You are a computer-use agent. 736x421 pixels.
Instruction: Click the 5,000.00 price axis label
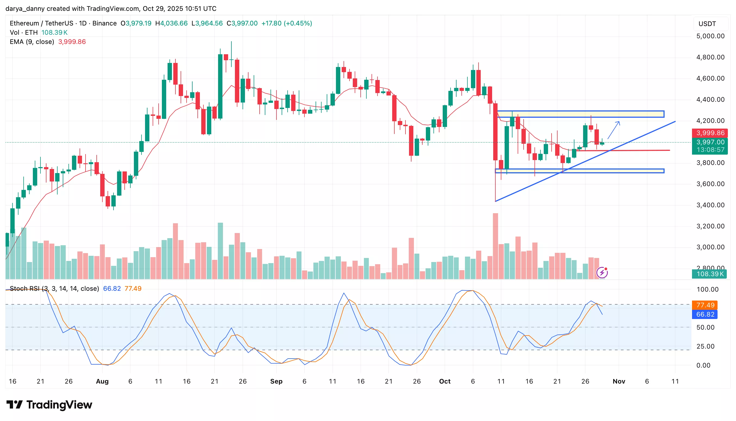click(x=710, y=36)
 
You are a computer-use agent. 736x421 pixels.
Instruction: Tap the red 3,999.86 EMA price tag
click(x=710, y=133)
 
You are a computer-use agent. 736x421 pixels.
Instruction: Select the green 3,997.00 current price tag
click(x=710, y=142)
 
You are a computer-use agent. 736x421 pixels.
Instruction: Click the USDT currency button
click(x=707, y=24)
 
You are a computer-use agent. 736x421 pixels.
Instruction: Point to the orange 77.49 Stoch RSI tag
click(x=705, y=305)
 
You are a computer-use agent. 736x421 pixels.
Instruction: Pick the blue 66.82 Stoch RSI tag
click(x=705, y=314)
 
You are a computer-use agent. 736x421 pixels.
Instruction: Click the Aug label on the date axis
click(x=102, y=381)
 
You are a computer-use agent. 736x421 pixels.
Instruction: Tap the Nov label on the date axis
click(x=619, y=381)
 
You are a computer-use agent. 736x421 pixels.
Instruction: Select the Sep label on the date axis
click(x=276, y=381)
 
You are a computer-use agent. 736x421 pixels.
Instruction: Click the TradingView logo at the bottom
click(x=49, y=405)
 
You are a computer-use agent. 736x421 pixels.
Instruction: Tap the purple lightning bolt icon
click(x=602, y=272)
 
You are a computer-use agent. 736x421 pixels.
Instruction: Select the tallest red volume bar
click(x=495, y=246)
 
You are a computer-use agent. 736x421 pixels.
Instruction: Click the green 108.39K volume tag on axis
click(x=710, y=274)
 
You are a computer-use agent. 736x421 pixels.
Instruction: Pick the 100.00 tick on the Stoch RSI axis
click(x=707, y=289)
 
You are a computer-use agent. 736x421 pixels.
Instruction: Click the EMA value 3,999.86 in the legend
click(x=72, y=42)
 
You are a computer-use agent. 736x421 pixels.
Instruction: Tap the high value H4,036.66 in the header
click(x=171, y=23)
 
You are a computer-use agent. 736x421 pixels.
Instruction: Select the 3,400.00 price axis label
click(x=710, y=205)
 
